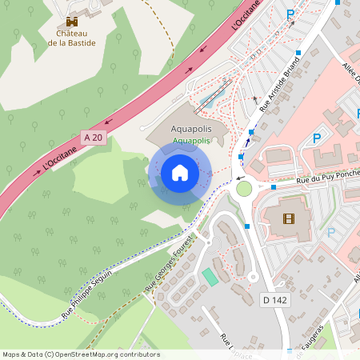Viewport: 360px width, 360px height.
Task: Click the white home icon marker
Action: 180,172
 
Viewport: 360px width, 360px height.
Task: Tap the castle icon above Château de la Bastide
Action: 72,22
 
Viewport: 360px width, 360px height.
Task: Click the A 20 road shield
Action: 93,138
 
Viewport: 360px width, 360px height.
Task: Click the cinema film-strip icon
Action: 287,218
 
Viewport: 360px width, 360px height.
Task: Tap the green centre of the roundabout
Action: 243,189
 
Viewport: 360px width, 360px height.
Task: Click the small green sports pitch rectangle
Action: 210,277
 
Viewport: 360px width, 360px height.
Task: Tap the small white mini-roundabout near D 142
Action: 253,277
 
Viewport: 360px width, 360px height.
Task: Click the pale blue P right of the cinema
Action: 331,233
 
